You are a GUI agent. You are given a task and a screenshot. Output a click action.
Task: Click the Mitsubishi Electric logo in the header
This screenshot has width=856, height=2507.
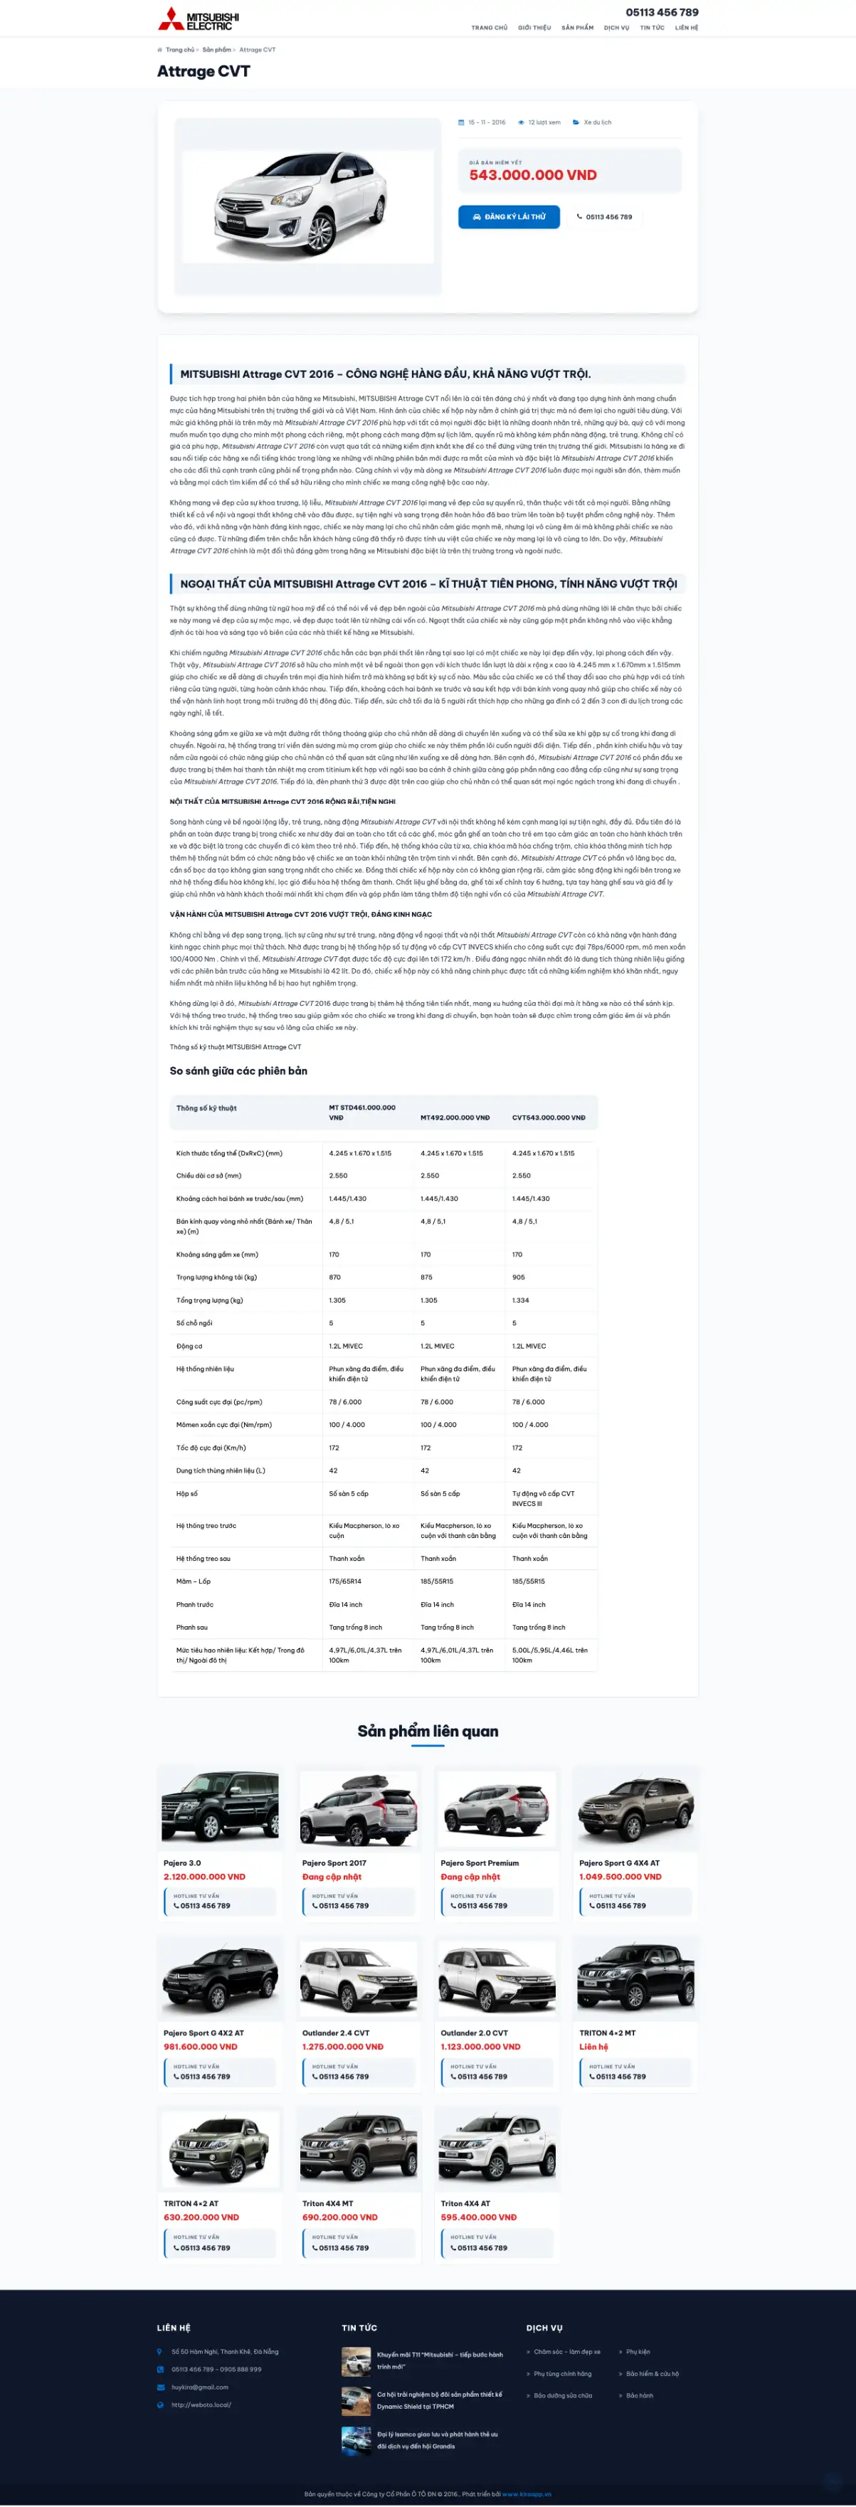[x=198, y=18]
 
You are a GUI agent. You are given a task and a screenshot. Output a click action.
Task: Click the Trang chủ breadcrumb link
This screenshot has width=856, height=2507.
[x=179, y=50]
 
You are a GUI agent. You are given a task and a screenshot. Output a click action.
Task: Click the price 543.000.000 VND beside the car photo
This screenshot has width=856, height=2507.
[x=533, y=175]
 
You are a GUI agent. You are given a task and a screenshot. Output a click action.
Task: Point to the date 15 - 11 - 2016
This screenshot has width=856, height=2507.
[x=486, y=122]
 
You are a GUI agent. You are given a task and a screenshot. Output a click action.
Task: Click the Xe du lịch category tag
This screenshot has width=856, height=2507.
[x=597, y=122]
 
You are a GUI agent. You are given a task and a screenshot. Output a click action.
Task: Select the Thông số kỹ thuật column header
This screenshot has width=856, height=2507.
[x=206, y=1108]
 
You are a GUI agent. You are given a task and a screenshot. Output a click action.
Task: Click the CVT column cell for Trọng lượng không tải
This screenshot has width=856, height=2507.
[x=518, y=1277]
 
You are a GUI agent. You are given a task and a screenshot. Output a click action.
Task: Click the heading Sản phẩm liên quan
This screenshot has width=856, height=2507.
[x=428, y=1730]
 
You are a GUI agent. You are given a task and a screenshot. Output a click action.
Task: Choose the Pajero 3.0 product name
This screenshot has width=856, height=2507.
[x=182, y=1862]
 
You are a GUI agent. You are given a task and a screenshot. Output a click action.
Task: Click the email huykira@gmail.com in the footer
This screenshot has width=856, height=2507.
[x=200, y=2386]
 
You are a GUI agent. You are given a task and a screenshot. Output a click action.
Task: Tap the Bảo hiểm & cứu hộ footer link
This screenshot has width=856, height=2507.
[x=652, y=2374]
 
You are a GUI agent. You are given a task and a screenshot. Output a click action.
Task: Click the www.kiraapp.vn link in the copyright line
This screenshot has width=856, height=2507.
[x=527, y=2494]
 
